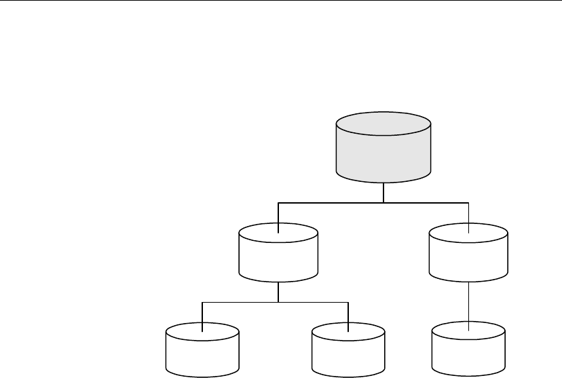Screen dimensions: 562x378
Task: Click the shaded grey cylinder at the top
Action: pyautogui.click(x=383, y=153)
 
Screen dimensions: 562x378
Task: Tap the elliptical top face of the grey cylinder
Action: pyautogui.click(x=383, y=127)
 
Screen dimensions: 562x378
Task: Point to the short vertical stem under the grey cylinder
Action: pyautogui.click(x=383, y=193)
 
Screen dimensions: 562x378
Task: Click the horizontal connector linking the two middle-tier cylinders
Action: pyautogui.click(x=333, y=202)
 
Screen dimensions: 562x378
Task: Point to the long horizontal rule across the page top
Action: pyautogui.click(x=281, y=1)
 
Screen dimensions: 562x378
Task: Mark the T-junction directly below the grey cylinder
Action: pyautogui.click(x=383, y=202)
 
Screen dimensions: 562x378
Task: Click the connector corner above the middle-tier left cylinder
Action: pyautogui.click(x=279, y=202)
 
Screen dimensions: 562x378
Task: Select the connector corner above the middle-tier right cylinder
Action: pyautogui.click(x=469, y=202)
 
